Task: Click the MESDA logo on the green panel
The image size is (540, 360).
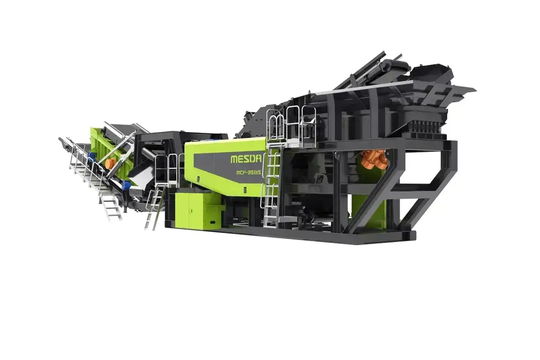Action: point(246,159)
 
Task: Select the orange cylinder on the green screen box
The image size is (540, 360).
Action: point(110,164)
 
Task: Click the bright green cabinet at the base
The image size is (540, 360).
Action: point(198,210)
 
